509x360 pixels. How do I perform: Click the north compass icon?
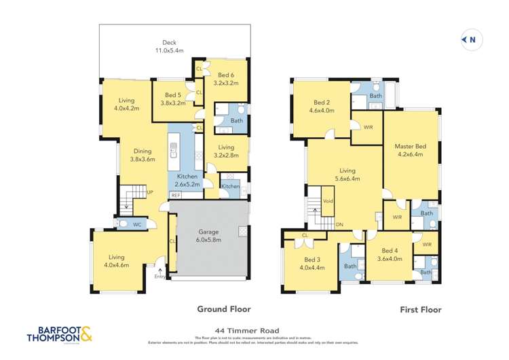pyautogui.click(x=472, y=40)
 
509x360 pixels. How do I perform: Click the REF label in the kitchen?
pyautogui.click(x=175, y=196)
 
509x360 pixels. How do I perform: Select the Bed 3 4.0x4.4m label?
pyautogui.click(x=312, y=263)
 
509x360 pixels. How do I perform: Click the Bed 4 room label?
pyautogui.click(x=390, y=254)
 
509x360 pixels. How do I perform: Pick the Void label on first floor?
pyautogui.click(x=328, y=201)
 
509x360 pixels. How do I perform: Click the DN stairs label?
pyautogui.click(x=339, y=225)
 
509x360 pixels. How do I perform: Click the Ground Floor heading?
pyautogui.click(x=221, y=309)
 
